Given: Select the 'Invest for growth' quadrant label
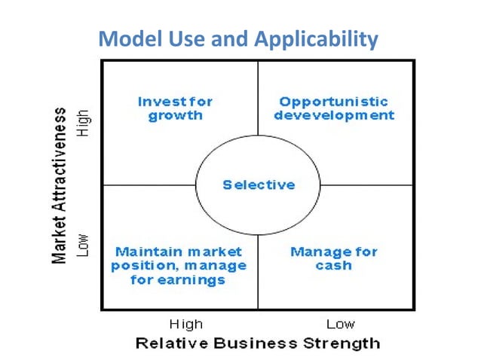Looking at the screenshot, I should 175,108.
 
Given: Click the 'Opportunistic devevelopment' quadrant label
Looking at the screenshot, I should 333,108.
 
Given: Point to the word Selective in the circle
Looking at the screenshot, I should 259,185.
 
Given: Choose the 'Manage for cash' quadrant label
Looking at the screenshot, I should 333,258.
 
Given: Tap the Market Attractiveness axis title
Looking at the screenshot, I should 59,184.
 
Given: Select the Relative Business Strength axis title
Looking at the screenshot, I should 257,344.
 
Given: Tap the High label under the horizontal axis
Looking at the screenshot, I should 185,325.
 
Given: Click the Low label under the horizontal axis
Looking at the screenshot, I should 341,325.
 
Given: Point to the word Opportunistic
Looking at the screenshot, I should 333,101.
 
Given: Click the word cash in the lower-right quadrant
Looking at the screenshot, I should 333,266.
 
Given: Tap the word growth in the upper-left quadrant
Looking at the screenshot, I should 175,116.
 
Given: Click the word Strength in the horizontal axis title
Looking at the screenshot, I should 342,344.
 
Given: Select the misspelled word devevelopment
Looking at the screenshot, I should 333,116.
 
